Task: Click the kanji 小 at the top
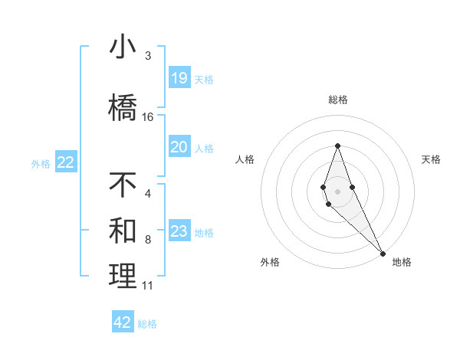coord(123,47)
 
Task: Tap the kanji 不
coord(123,186)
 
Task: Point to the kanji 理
coord(123,277)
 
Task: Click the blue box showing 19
coord(179,77)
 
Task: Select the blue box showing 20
coord(179,147)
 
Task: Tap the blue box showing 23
coord(179,231)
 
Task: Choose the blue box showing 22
coord(66,162)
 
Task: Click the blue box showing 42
coord(123,322)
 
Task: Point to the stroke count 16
coord(148,117)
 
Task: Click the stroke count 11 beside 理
coord(148,286)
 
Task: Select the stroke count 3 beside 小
coord(148,56)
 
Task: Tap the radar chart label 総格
coord(337,100)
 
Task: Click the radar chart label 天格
coord(432,159)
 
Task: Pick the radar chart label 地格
coord(402,262)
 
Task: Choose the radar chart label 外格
coord(270,262)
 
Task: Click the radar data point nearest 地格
coord(383,253)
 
